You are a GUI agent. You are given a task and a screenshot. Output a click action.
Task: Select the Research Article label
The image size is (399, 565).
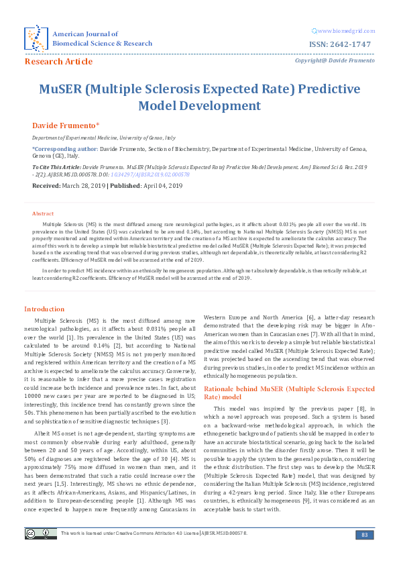(x=58, y=62)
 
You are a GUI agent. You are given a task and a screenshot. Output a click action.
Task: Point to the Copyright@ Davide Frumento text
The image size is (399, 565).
(x=332, y=61)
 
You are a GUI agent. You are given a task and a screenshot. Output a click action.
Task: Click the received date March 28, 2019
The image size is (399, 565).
(x=89, y=185)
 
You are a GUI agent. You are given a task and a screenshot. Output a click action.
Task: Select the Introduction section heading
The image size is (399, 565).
(x=44, y=309)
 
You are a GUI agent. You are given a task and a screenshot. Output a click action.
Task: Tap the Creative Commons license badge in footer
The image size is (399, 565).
(x=40, y=533)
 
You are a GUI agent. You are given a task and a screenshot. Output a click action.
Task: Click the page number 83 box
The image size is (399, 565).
(x=365, y=534)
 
